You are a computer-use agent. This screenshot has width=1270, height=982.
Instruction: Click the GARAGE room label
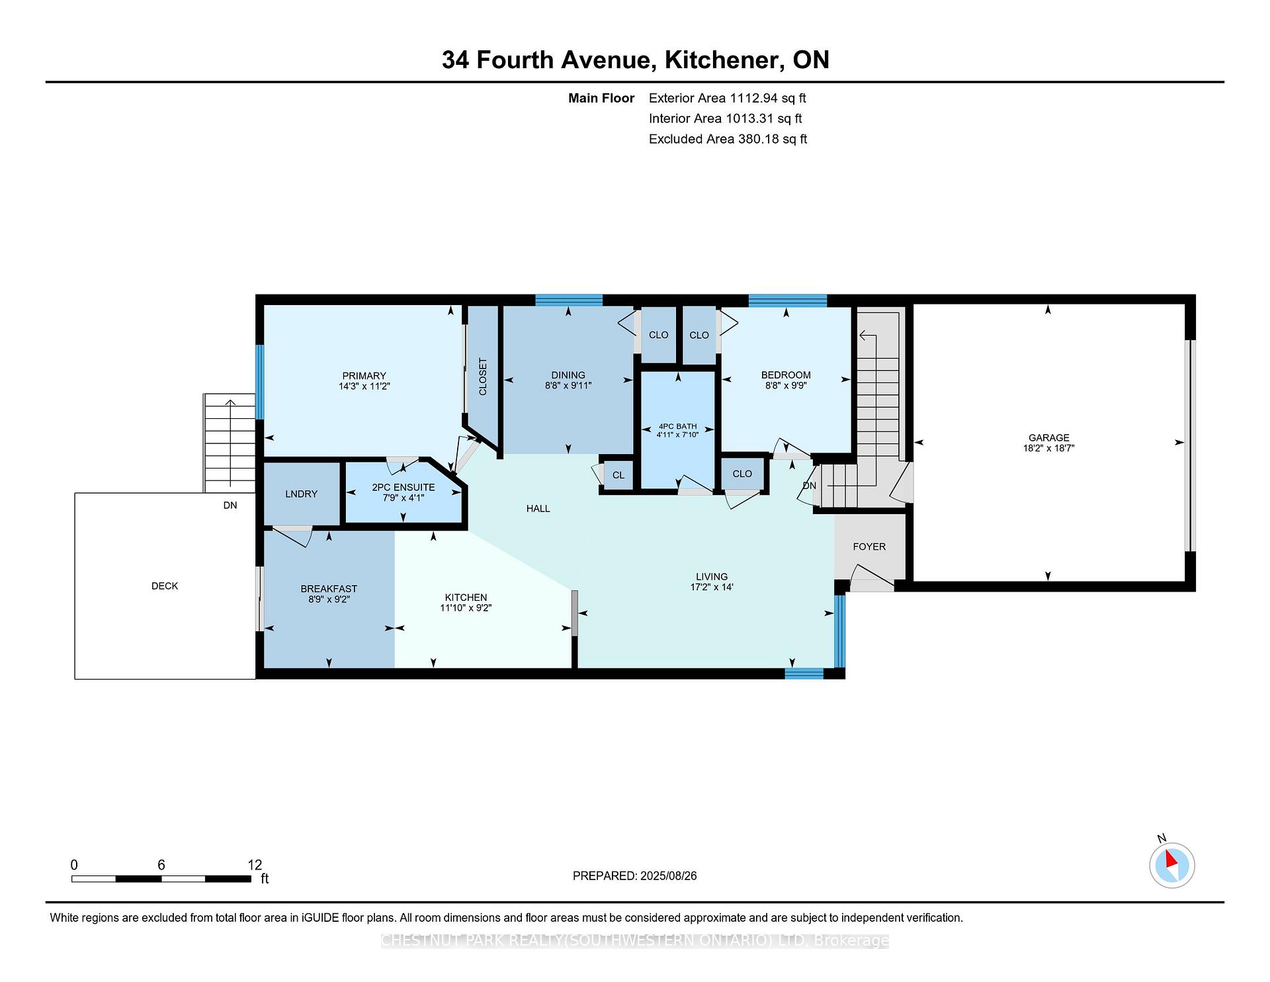point(1048,437)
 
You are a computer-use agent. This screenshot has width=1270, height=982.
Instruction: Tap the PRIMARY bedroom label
point(364,376)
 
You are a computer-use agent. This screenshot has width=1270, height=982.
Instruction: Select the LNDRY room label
point(301,494)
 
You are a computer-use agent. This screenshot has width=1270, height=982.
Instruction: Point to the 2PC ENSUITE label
point(403,487)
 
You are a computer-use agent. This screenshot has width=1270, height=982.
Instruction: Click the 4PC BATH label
point(677,427)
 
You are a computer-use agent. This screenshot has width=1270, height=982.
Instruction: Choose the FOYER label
point(869,547)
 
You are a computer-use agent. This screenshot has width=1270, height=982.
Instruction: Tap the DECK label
point(165,586)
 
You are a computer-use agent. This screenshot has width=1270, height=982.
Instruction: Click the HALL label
point(538,508)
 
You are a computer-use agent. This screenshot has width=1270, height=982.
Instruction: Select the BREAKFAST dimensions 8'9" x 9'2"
point(329,600)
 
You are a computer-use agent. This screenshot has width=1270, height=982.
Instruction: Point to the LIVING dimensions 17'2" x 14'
point(712,587)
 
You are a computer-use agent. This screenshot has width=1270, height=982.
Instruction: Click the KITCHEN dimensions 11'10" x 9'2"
point(466,608)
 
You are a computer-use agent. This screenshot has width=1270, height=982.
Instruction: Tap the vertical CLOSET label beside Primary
point(483,377)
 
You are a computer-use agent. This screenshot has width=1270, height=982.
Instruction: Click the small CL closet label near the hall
point(618,475)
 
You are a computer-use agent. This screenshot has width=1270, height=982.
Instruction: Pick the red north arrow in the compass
point(1170,859)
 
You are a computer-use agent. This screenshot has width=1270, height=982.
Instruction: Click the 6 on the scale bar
point(161,865)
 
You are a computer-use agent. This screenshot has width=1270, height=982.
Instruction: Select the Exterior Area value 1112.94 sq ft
point(767,98)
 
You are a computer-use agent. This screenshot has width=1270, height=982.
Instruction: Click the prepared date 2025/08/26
point(668,875)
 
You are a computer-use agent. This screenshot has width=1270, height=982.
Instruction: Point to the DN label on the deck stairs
point(230,506)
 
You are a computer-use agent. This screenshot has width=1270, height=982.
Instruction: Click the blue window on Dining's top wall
point(569,300)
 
